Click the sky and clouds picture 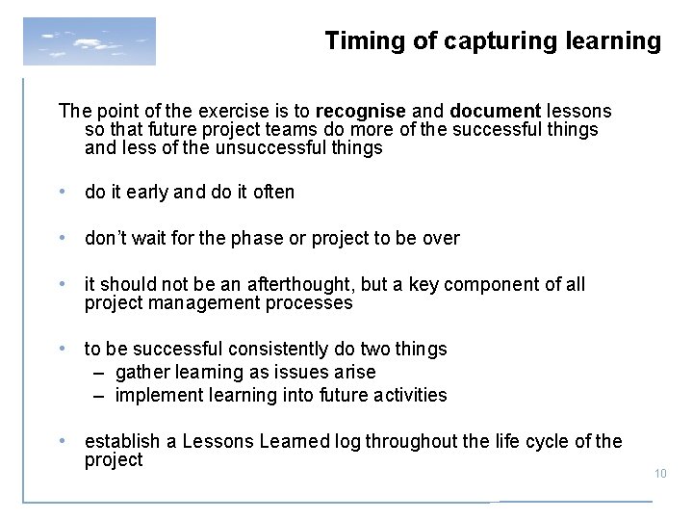89,40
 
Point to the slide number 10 659,472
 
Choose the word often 273,193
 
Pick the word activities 411,395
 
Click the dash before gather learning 100,372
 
